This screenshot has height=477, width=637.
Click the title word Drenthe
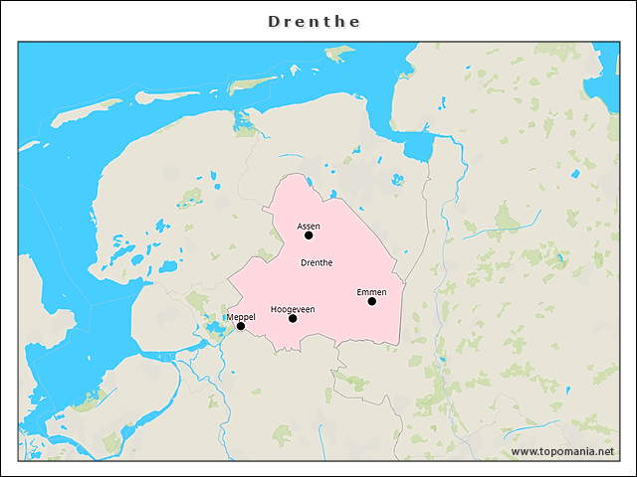[x=315, y=21]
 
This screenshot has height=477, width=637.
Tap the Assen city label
[x=309, y=226]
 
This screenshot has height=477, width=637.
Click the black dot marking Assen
[x=309, y=236]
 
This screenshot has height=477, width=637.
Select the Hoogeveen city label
[x=293, y=309]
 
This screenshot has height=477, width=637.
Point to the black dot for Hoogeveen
[x=293, y=319]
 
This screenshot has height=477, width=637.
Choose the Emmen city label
[x=371, y=291]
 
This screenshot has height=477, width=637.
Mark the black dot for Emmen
[x=371, y=301]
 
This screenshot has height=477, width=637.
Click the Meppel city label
[x=241, y=316]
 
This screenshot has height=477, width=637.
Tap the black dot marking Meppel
[x=241, y=326]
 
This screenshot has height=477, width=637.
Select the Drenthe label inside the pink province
[x=316, y=262]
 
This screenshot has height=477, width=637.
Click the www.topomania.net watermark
[x=562, y=452]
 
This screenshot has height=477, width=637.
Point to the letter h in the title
[x=339, y=21]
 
